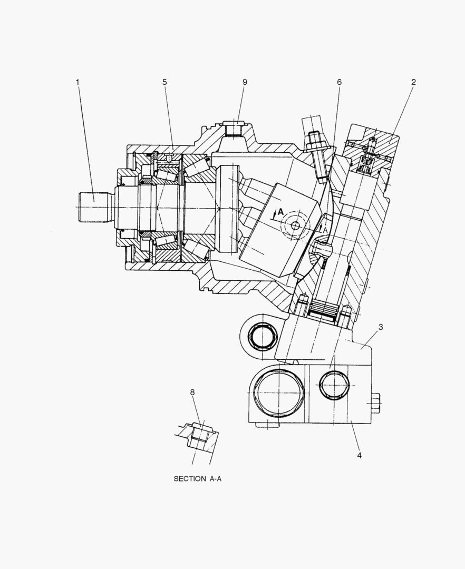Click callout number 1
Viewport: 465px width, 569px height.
tap(77, 82)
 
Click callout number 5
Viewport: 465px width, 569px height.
tap(164, 82)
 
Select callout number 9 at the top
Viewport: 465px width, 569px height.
tap(245, 82)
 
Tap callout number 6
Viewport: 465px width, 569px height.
tap(339, 82)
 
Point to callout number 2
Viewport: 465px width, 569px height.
tap(413, 82)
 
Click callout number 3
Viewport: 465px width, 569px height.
tap(381, 327)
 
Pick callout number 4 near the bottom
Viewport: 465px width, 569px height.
tap(359, 455)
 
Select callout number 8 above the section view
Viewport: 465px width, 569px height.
tap(192, 392)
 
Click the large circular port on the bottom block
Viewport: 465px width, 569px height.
tap(278, 392)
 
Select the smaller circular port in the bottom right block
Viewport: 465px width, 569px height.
tap(334, 385)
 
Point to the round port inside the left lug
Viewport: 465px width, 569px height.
tap(262, 336)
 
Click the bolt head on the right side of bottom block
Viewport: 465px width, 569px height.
tap(375, 403)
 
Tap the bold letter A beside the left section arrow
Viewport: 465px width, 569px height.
tap(280, 211)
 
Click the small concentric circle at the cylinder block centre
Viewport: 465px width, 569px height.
tap(294, 225)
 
